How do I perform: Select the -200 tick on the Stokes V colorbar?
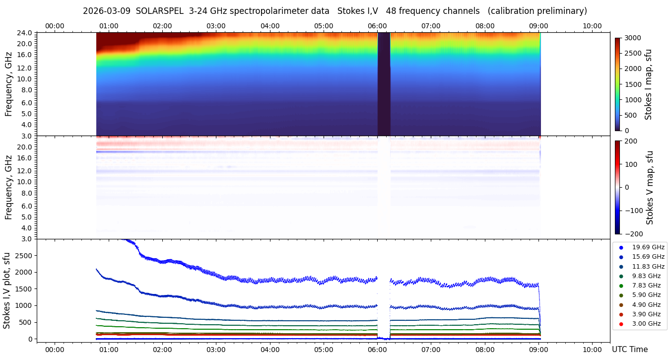click(x=631, y=234)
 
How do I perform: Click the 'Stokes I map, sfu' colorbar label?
click(x=649, y=84)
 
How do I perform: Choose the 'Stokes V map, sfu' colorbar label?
click(x=650, y=187)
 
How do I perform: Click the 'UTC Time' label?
click(x=629, y=350)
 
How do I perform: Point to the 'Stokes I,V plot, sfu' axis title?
click(x=7, y=290)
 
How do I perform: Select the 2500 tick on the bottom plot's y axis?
click(x=23, y=255)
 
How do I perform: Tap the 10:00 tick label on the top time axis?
click(x=592, y=26)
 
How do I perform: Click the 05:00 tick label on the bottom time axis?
click(x=324, y=350)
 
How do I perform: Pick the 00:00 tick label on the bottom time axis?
click(x=55, y=350)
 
